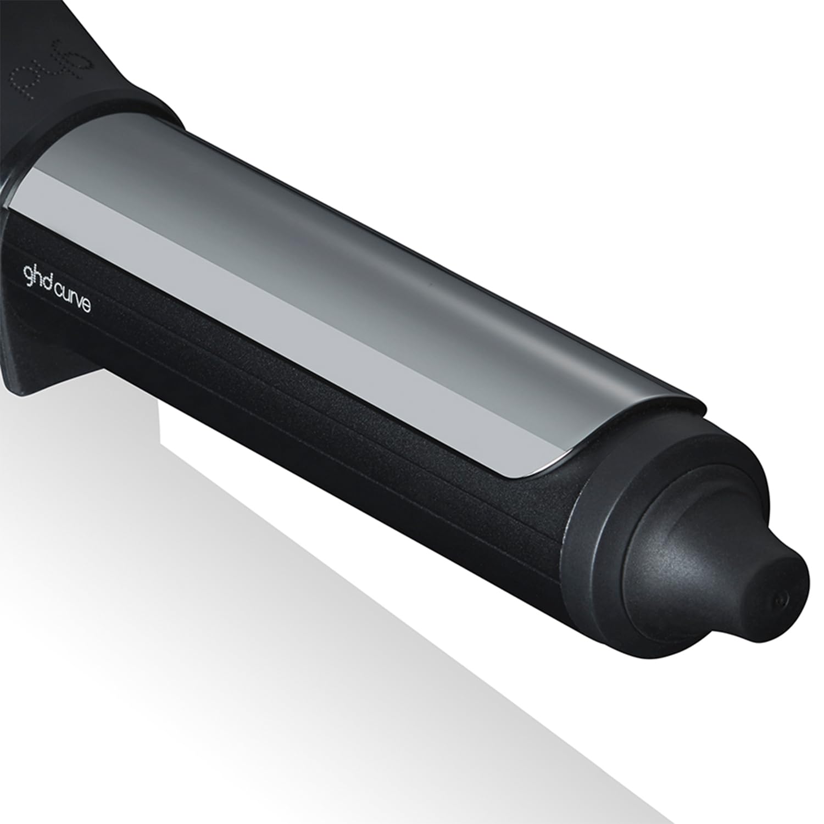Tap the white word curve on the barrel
point(71,300)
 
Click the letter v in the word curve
point(77,302)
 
